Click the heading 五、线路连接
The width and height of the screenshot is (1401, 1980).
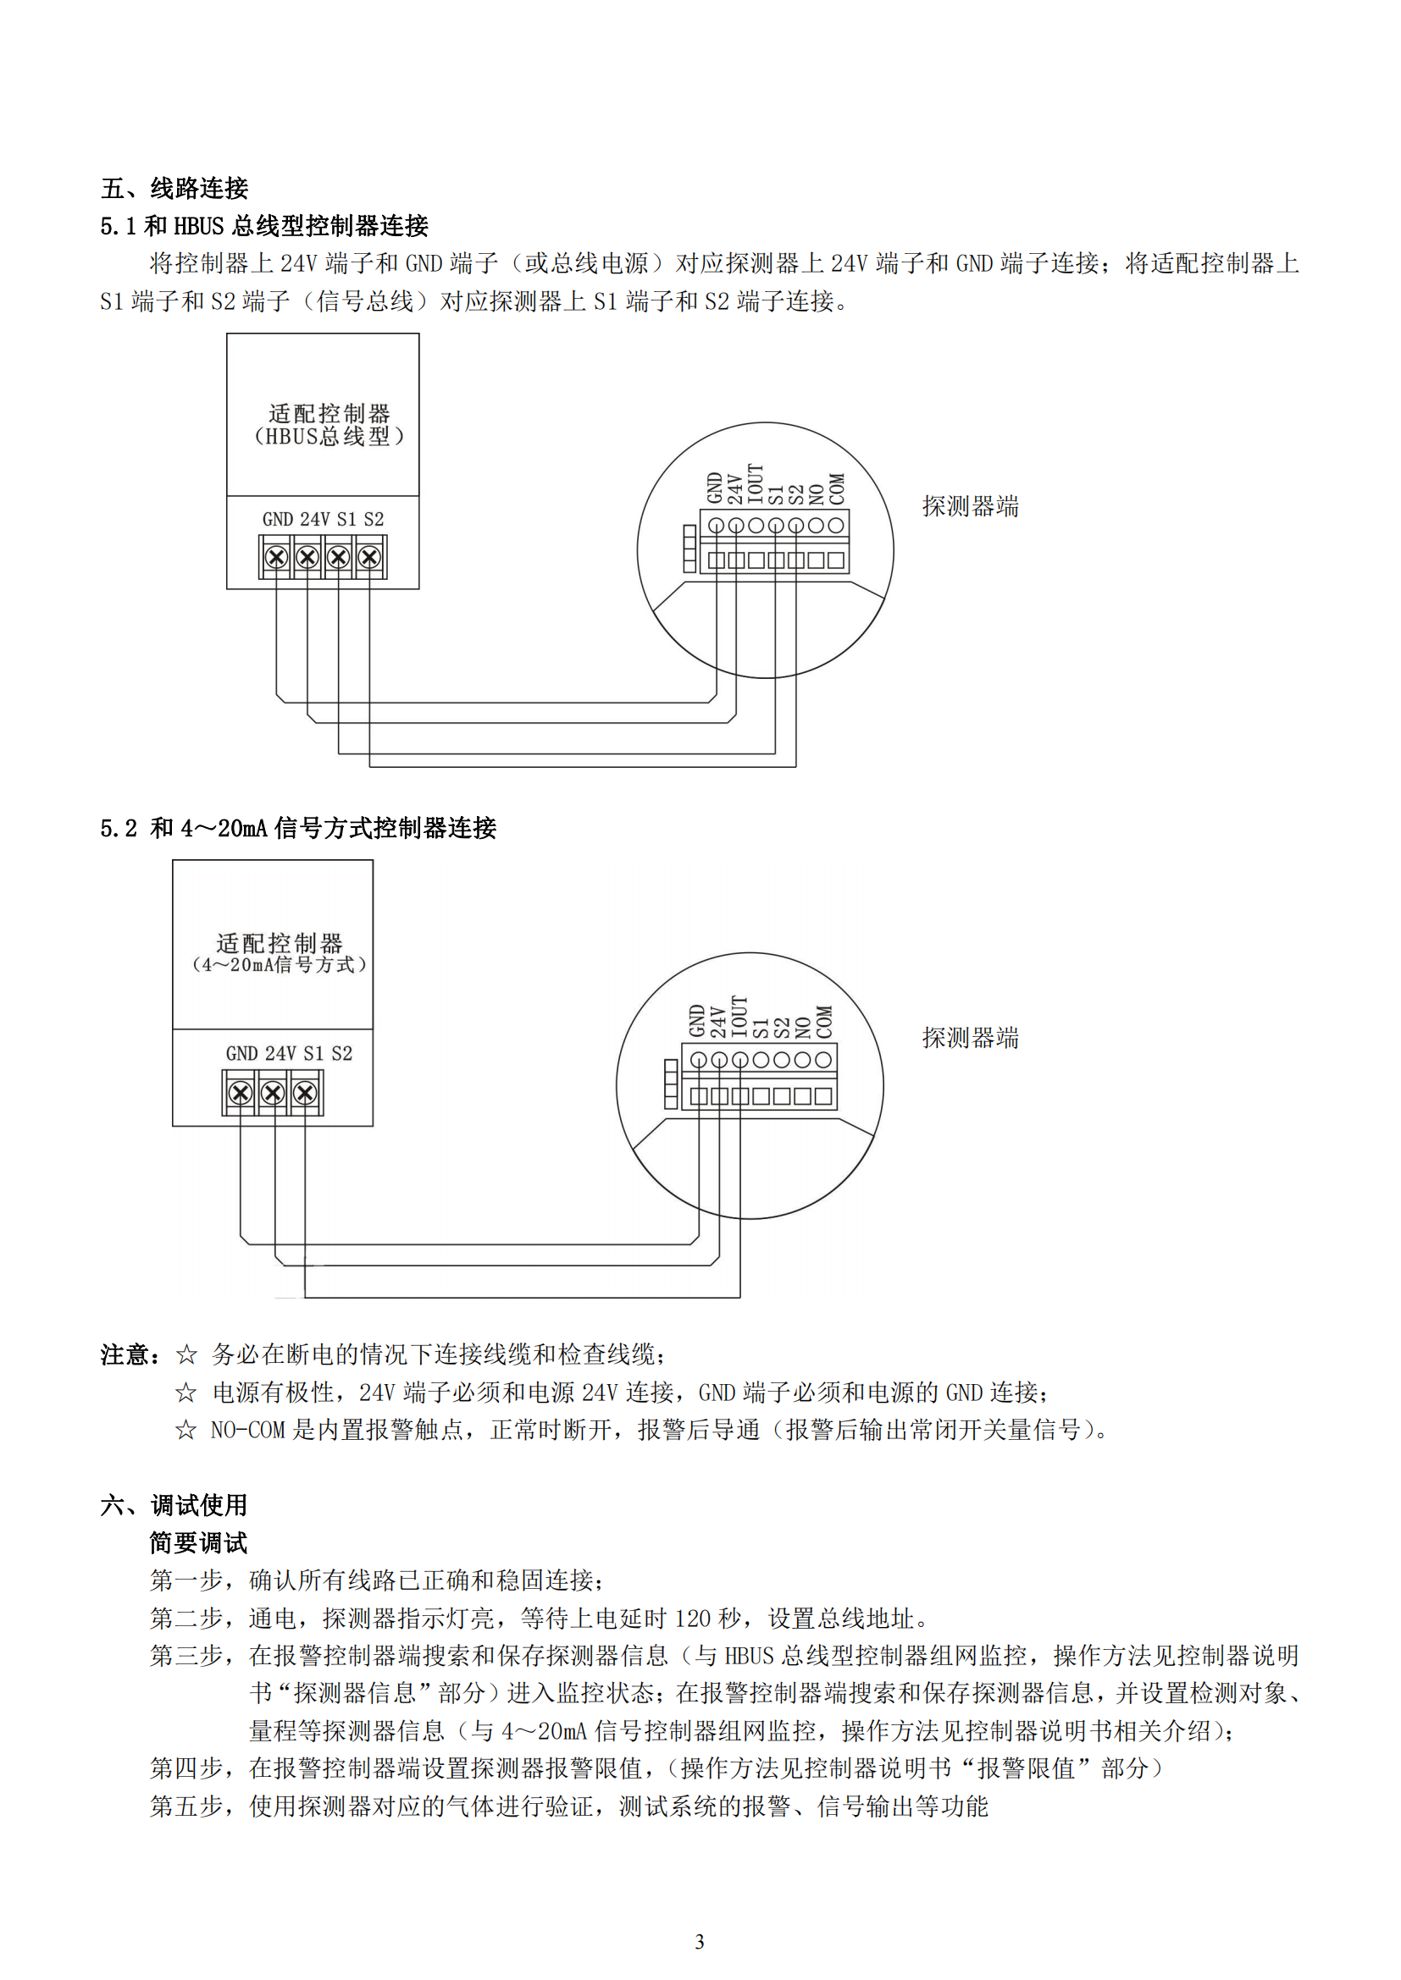pyautogui.click(x=174, y=188)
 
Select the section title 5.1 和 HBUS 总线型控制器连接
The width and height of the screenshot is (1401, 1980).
pyautogui.click(x=264, y=226)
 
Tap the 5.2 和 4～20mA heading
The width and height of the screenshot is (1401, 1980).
pyautogui.click(x=298, y=828)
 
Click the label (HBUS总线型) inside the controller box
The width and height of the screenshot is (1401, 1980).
pyautogui.click(x=329, y=436)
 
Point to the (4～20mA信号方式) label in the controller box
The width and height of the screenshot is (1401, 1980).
pyautogui.click(x=279, y=964)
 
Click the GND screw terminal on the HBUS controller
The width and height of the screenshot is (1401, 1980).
pyautogui.click(x=276, y=557)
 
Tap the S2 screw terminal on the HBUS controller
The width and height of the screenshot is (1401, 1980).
pyautogui.click(x=369, y=557)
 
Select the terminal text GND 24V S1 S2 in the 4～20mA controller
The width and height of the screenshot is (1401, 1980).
pyautogui.click(x=289, y=1053)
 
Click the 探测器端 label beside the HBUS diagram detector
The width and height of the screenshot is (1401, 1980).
pyautogui.click(x=971, y=506)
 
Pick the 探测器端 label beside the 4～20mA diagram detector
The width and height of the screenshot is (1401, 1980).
pyautogui.click(x=971, y=1038)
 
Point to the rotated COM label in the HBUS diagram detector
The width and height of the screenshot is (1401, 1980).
pyautogui.click(x=837, y=489)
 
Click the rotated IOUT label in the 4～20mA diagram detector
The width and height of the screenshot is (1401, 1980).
pyautogui.click(x=739, y=1017)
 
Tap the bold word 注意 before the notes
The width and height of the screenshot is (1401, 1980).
pyautogui.click(x=125, y=1354)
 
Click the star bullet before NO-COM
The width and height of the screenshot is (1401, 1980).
pyautogui.click(x=186, y=1430)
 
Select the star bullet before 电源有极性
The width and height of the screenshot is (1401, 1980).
pyautogui.click(x=186, y=1392)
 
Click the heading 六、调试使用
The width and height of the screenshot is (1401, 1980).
pyautogui.click(x=174, y=1505)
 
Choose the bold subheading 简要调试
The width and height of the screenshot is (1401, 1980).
pyautogui.click(x=199, y=1543)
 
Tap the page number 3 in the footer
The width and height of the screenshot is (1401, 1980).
pyautogui.click(x=700, y=1942)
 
